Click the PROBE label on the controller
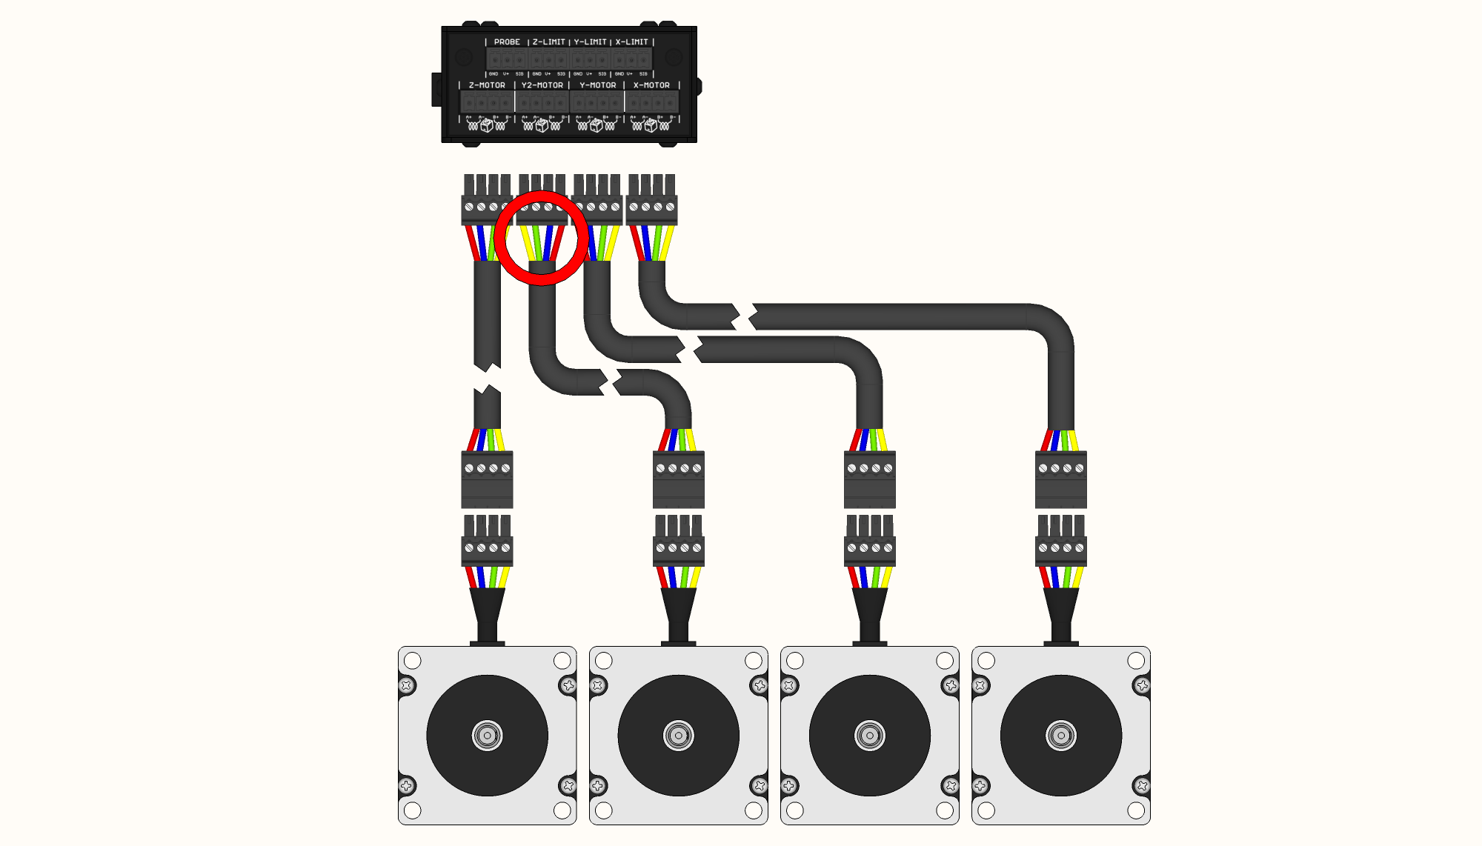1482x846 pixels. (x=507, y=42)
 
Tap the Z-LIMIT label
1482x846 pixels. (x=548, y=42)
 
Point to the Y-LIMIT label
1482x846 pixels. (x=590, y=42)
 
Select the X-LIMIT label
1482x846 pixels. (x=631, y=42)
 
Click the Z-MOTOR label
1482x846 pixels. (x=487, y=85)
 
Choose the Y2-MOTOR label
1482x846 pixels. (x=542, y=85)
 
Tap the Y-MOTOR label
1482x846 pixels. (x=597, y=85)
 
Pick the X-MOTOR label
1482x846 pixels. (x=651, y=85)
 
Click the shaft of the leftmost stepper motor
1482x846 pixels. (x=487, y=736)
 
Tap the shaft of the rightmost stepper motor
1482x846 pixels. (x=1060, y=736)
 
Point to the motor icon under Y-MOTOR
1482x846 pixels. (x=597, y=126)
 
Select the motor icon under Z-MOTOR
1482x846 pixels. (x=487, y=126)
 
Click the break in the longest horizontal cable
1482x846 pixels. (x=744, y=316)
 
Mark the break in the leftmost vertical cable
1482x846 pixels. (x=487, y=378)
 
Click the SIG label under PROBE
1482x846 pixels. (x=519, y=74)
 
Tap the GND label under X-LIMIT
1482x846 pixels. (x=619, y=74)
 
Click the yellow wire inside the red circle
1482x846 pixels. (x=528, y=242)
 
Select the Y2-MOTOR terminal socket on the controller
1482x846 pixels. (x=542, y=102)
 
